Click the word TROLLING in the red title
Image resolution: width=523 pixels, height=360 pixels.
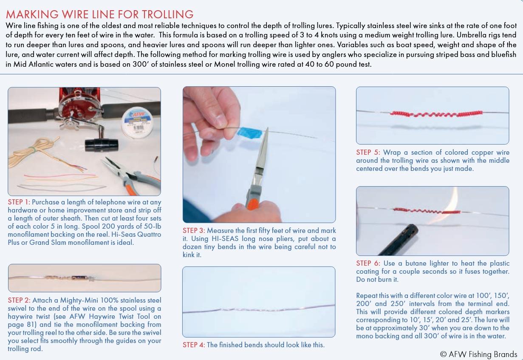coord(167,14)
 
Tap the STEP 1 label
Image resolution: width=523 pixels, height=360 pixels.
coord(19,202)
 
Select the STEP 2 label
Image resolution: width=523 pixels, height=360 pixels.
coord(19,300)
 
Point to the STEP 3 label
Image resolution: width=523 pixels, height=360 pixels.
coord(194,230)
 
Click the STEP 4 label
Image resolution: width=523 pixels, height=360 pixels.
coord(194,345)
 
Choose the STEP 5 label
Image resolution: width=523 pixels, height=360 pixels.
coord(368,152)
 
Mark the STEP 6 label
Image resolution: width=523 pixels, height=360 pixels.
coord(368,263)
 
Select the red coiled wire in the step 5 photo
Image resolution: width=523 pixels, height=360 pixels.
coord(436,114)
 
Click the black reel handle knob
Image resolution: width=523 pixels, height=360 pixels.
coord(102,145)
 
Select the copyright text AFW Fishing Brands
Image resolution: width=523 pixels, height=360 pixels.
coord(479,354)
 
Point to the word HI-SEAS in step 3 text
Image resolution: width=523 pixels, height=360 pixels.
coord(225,238)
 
